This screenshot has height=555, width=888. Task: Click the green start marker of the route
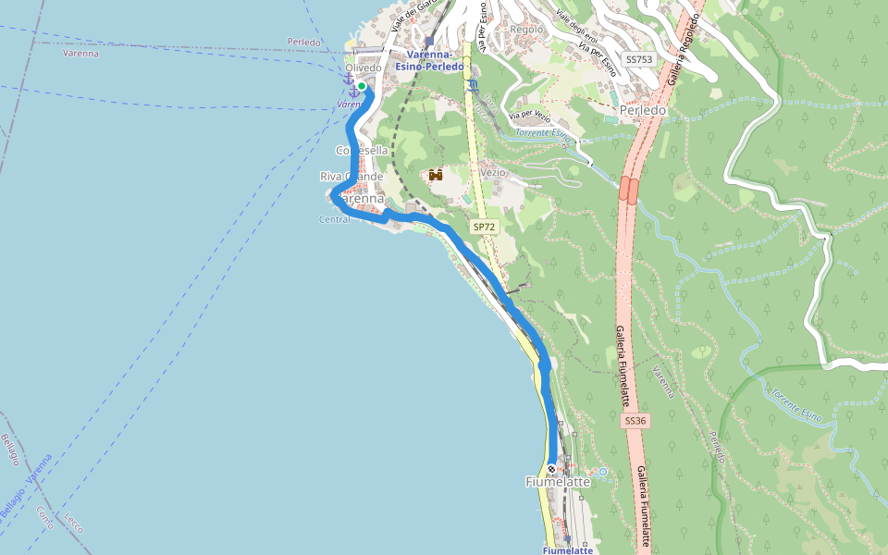(361, 86)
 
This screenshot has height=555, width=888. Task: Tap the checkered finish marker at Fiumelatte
(552, 467)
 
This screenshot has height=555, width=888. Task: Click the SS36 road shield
(635, 421)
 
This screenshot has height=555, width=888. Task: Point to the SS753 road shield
(638, 59)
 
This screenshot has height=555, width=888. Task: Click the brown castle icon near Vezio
(435, 175)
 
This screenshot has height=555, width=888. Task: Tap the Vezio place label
(493, 172)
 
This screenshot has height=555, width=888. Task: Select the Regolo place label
(526, 29)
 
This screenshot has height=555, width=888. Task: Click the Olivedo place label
(363, 68)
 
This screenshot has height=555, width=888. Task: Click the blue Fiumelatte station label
(567, 550)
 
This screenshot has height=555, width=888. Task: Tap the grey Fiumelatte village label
(558, 482)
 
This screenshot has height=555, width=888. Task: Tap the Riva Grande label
(351, 177)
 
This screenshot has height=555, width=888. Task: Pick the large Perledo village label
(643, 110)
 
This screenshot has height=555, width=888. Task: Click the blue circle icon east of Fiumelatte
(602, 472)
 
